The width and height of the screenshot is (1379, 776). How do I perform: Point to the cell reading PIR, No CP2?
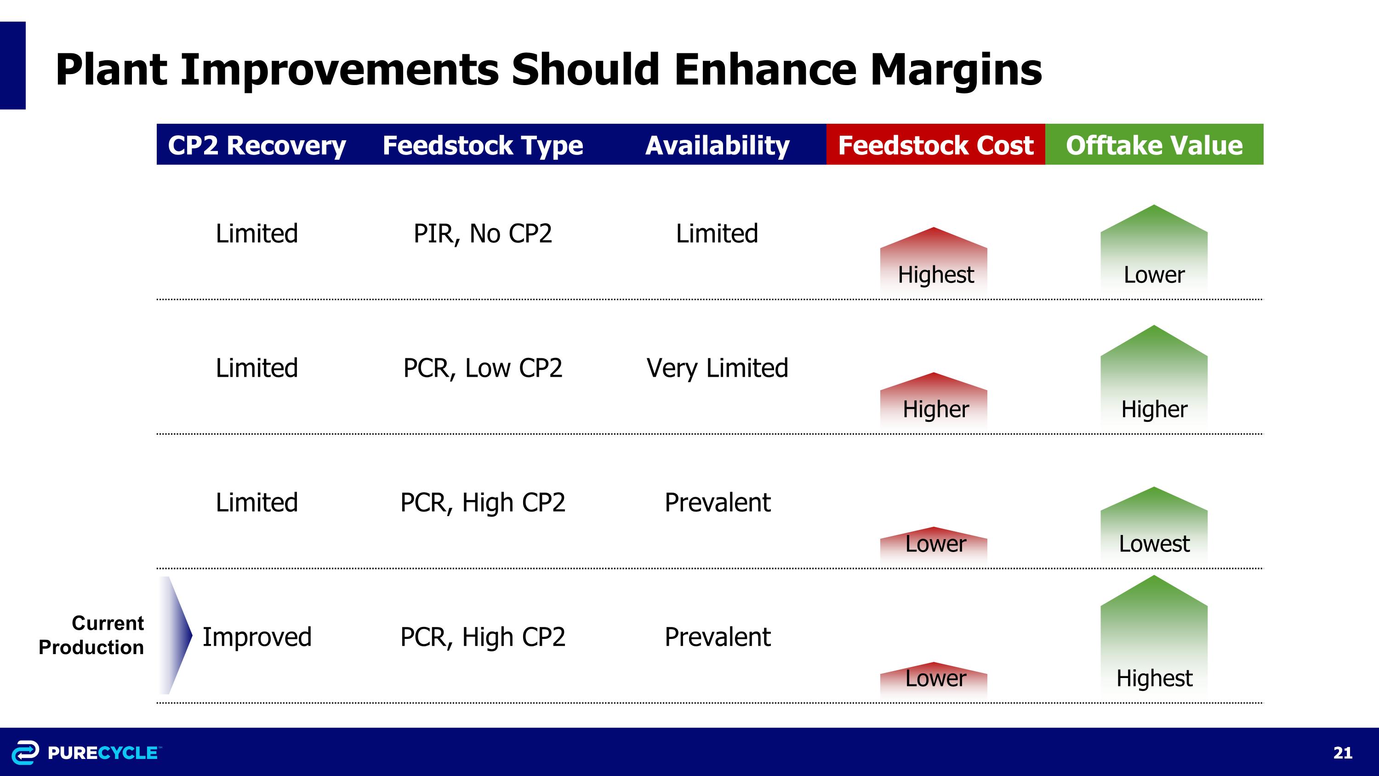482,234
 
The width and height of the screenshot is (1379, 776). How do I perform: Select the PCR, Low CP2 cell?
482,368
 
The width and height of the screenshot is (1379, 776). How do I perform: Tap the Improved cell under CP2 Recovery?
256,637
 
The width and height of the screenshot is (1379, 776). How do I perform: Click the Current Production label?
91,635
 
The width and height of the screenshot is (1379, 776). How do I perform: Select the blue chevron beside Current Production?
175,635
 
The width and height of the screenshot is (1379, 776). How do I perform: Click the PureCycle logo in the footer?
85,753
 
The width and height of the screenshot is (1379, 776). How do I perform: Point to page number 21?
1342,753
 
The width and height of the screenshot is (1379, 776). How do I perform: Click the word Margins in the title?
956,69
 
